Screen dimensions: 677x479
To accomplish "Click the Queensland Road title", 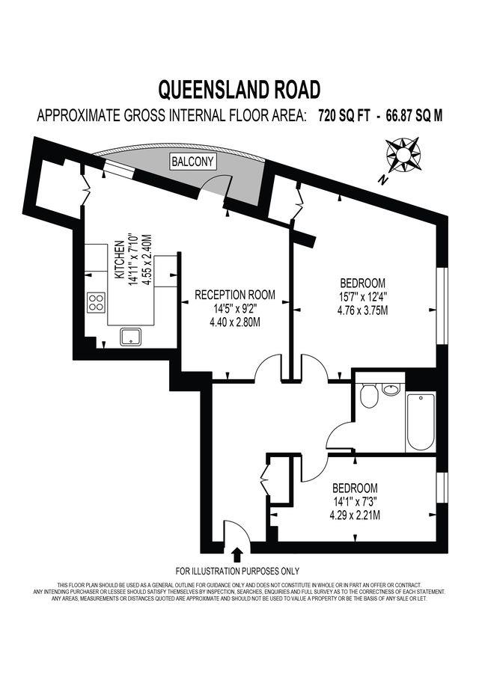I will (239, 90).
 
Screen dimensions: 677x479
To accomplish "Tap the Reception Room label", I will (235, 295).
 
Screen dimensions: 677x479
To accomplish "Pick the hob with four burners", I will (97, 301).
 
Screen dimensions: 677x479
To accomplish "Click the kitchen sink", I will (132, 336).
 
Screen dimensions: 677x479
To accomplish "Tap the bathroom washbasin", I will (391, 389).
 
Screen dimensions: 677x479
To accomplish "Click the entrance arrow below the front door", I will (237, 554).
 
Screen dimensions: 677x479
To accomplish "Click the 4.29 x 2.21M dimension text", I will (356, 515).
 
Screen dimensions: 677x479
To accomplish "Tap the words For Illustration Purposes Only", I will (237, 570).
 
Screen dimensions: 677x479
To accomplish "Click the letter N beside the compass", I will (382, 179).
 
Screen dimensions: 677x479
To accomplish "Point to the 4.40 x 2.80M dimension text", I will (235, 323).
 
